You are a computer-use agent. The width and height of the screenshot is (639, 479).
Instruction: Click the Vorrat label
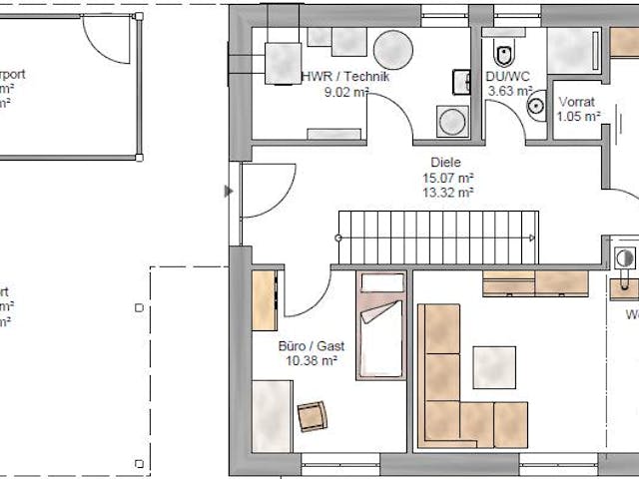578,102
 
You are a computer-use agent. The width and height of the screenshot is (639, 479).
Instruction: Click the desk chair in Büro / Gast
313,414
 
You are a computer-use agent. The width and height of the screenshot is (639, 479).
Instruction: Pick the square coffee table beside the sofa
495,366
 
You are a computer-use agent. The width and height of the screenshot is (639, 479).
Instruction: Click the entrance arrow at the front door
231,190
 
